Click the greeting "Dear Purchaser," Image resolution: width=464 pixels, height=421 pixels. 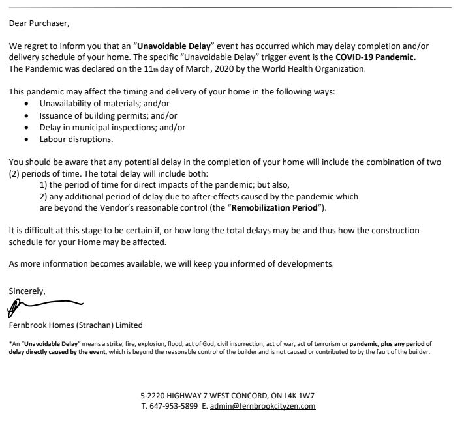click(x=39, y=24)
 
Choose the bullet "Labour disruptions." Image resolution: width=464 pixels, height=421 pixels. click(x=76, y=139)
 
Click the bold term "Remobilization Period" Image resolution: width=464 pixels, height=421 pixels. click(x=273, y=207)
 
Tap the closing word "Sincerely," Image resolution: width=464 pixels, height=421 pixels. click(x=27, y=291)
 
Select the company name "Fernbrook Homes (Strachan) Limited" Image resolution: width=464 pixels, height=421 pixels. click(x=76, y=325)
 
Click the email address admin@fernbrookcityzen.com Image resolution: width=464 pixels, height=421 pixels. click(x=263, y=405)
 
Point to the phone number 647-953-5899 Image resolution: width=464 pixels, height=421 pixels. click(x=172, y=405)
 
